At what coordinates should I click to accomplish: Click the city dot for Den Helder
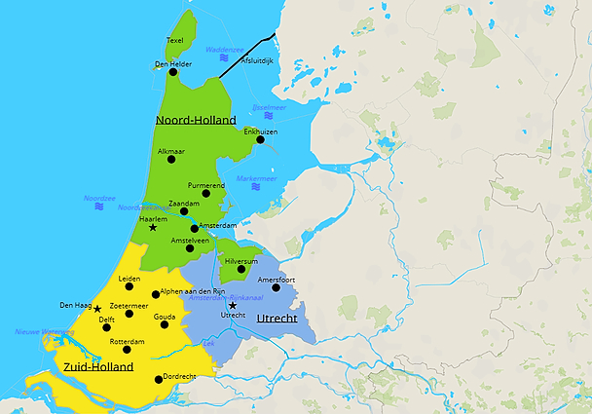[x=173, y=71]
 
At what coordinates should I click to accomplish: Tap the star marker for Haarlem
[x=153, y=227]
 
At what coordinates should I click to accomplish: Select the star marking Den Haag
[x=97, y=308]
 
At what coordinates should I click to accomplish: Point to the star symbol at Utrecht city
[x=233, y=305]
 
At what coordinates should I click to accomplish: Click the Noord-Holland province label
[x=196, y=120]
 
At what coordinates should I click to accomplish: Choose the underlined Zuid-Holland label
[x=97, y=367]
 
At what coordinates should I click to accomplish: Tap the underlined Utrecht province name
[x=277, y=319]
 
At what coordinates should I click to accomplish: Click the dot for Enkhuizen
[x=260, y=139]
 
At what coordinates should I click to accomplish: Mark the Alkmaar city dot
[x=171, y=160]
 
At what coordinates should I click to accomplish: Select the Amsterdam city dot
[x=195, y=232]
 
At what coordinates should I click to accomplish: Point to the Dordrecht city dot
[x=158, y=379]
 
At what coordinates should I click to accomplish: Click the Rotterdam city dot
[x=127, y=349]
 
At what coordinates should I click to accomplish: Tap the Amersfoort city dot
[x=277, y=286]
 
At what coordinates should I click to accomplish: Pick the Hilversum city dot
[x=241, y=269]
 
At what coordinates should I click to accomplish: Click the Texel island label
[x=175, y=40]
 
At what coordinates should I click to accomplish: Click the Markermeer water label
[x=256, y=178]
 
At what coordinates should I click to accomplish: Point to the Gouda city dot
[x=165, y=324]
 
